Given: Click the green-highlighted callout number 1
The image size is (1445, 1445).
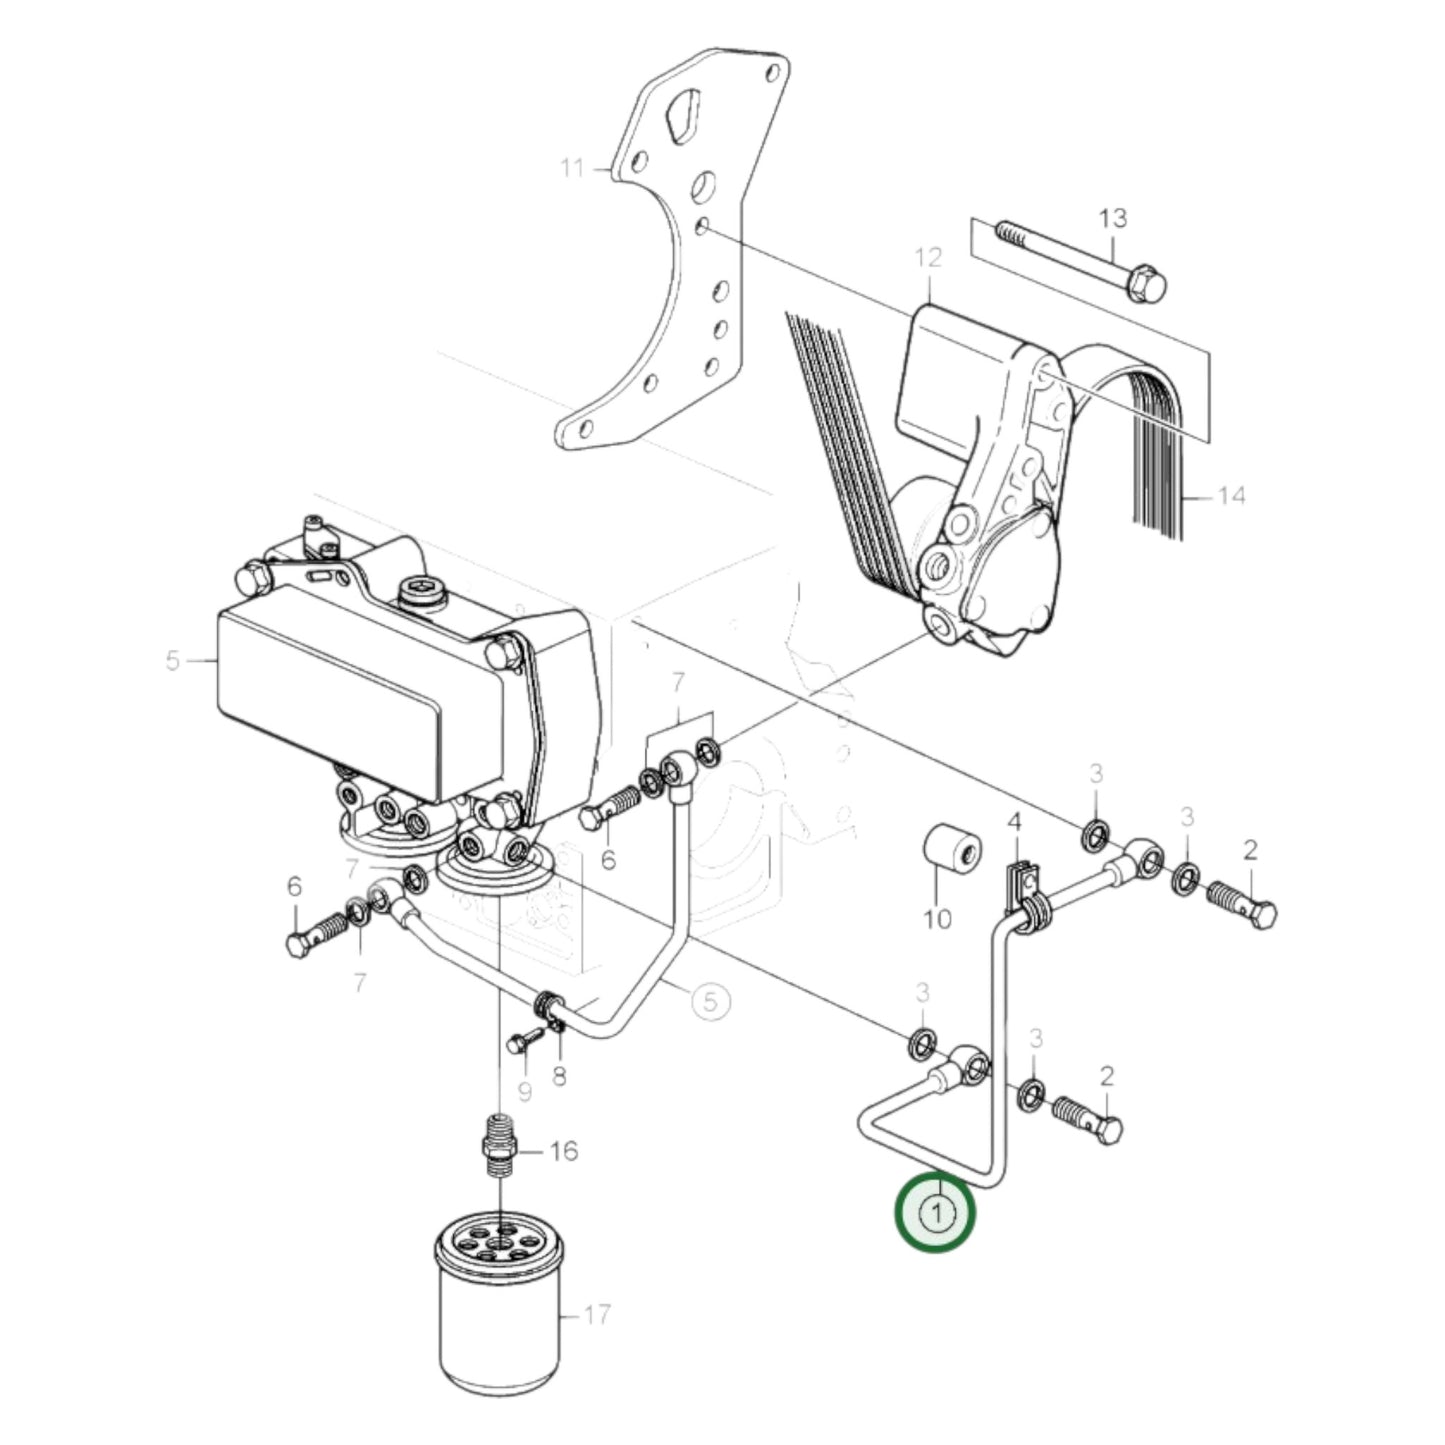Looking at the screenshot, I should (x=935, y=1214).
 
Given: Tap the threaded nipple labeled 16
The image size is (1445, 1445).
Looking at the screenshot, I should (x=499, y=1150).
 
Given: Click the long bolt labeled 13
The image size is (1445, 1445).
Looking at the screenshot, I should (x=1080, y=259).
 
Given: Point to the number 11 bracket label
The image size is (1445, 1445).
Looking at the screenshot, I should (x=571, y=167).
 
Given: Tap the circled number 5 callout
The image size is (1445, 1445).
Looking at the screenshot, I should (x=708, y=1000).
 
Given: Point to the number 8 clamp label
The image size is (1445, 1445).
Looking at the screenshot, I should (x=559, y=1076).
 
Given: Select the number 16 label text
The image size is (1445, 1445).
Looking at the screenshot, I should (x=564, y=1151).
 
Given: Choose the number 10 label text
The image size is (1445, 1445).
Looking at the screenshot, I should (x=937, y=918).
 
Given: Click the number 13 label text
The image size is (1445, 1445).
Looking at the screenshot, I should (x=1112, y=217).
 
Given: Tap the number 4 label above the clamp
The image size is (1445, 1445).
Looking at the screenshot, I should (x=1014, y=822).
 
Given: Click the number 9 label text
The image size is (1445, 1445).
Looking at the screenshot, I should (x=524, y=1091).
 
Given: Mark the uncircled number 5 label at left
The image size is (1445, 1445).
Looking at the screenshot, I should (x=172, y=661).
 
